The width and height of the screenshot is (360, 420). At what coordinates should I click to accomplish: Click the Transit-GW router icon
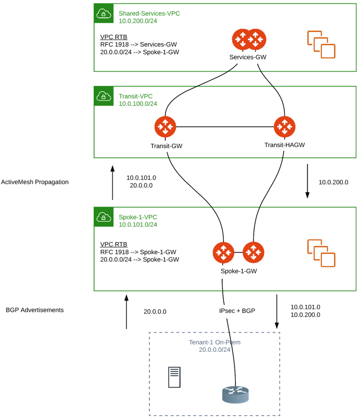[165, 127]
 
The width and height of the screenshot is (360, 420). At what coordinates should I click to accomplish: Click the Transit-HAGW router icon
[284, 127]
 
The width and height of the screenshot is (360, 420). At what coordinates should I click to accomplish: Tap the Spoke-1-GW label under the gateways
[238, 271]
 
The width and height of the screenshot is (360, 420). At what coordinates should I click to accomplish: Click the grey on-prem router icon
[236, 395]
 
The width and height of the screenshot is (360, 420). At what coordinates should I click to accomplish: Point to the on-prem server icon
[174, 377]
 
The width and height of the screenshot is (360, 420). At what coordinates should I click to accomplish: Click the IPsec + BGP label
[237, 311]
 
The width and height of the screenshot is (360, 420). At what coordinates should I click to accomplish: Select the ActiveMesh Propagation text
[35, 182]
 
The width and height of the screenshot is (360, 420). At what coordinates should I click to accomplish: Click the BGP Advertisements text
[35, 310]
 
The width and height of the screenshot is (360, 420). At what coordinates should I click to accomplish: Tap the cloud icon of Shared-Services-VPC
[103, 14]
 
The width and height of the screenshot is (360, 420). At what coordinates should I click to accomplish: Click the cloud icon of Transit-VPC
[103, 96]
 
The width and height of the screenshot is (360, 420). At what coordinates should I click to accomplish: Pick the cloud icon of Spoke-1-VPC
[103, 217]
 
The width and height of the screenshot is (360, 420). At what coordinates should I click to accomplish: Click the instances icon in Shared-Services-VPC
[321, 44]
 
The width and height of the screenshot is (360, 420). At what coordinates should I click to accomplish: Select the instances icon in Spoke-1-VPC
[321, 253]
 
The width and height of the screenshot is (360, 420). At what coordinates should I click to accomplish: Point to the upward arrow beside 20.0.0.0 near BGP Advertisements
[126, 312]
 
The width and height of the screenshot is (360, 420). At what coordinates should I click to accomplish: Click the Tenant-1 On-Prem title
[215, 342]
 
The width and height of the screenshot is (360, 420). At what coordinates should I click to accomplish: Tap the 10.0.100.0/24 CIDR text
[138, 104]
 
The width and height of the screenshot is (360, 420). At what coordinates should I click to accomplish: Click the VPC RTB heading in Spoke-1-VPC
[114, 244]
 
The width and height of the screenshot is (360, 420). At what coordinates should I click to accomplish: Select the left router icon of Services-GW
[241, 39]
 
